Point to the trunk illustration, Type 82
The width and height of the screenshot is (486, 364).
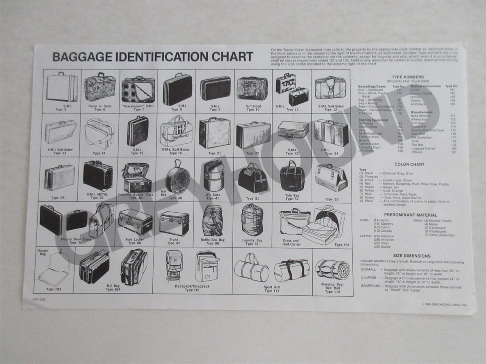click(x=174, y=223)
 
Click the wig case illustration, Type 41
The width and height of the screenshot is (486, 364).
click(x=213, y=176)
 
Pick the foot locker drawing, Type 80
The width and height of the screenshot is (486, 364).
click(x=135, y=222)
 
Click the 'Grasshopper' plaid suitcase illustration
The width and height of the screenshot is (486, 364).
click(x=138, y=89)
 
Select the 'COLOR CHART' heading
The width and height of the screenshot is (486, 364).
click(x=409, y=165)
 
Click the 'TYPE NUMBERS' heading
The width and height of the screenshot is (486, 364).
click(x=408, y=77)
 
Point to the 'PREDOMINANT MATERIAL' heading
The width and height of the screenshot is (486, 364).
click(x=410, y=215)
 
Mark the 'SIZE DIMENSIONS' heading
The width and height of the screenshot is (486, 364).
click(x=412, y=256)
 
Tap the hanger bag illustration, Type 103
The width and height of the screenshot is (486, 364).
click(x=53, y=269)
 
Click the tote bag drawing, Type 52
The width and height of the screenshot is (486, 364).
click(x=292, y=176)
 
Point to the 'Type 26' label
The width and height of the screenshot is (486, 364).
click(x=97, y=198)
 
